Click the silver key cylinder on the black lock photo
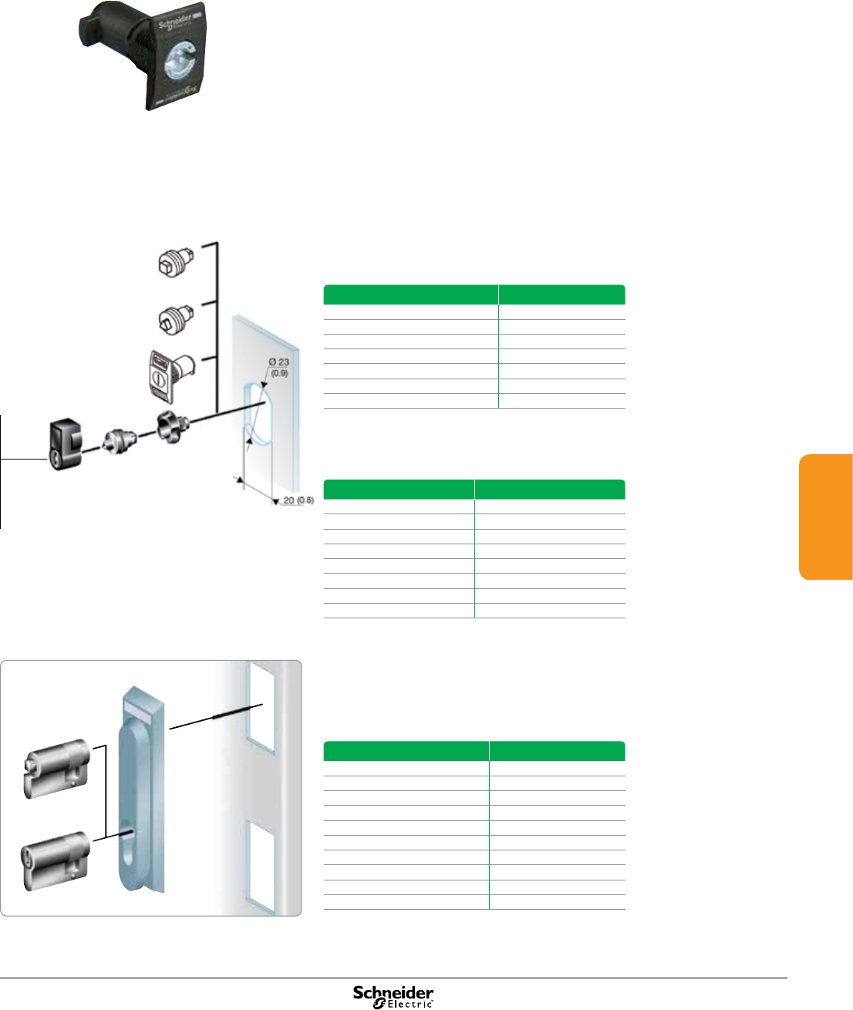(178, 62)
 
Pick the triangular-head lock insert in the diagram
(175, 316)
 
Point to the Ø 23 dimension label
(278, 366)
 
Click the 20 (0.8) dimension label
(297, 500)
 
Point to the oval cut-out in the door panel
(256, 413)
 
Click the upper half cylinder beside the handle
(57, 768)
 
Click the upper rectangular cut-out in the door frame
(260, 707)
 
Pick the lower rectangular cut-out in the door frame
(260, 862)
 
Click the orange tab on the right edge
(826, 517)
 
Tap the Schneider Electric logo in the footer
(393, 995)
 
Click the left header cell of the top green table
(411, 295)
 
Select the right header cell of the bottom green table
(557, 751)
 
